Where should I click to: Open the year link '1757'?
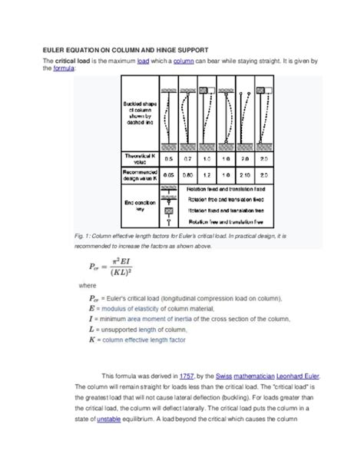(186, 376)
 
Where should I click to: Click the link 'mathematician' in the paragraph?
(250, 376)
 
